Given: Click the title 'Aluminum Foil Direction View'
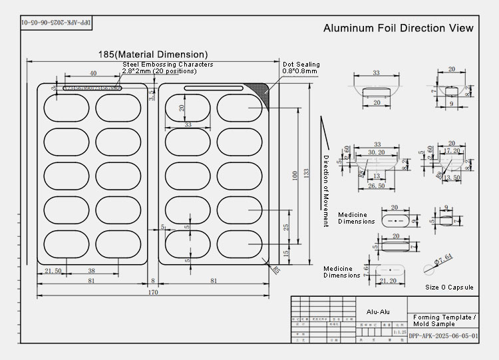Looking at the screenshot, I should (398, 28).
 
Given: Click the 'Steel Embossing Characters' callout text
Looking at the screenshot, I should (167, 65).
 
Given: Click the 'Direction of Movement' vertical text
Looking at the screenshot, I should (326, 191).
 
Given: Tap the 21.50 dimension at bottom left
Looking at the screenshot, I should (53, 271).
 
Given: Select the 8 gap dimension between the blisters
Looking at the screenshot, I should (152, 281).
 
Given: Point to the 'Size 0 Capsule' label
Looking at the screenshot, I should (450, 287).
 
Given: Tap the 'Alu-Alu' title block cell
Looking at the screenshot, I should (377, 311).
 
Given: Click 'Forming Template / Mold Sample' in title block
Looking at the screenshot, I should (444, 320).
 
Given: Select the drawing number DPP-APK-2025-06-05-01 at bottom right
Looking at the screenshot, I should (442, 337).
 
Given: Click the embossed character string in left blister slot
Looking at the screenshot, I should (92, 88).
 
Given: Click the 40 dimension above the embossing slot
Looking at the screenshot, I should (92, 73).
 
